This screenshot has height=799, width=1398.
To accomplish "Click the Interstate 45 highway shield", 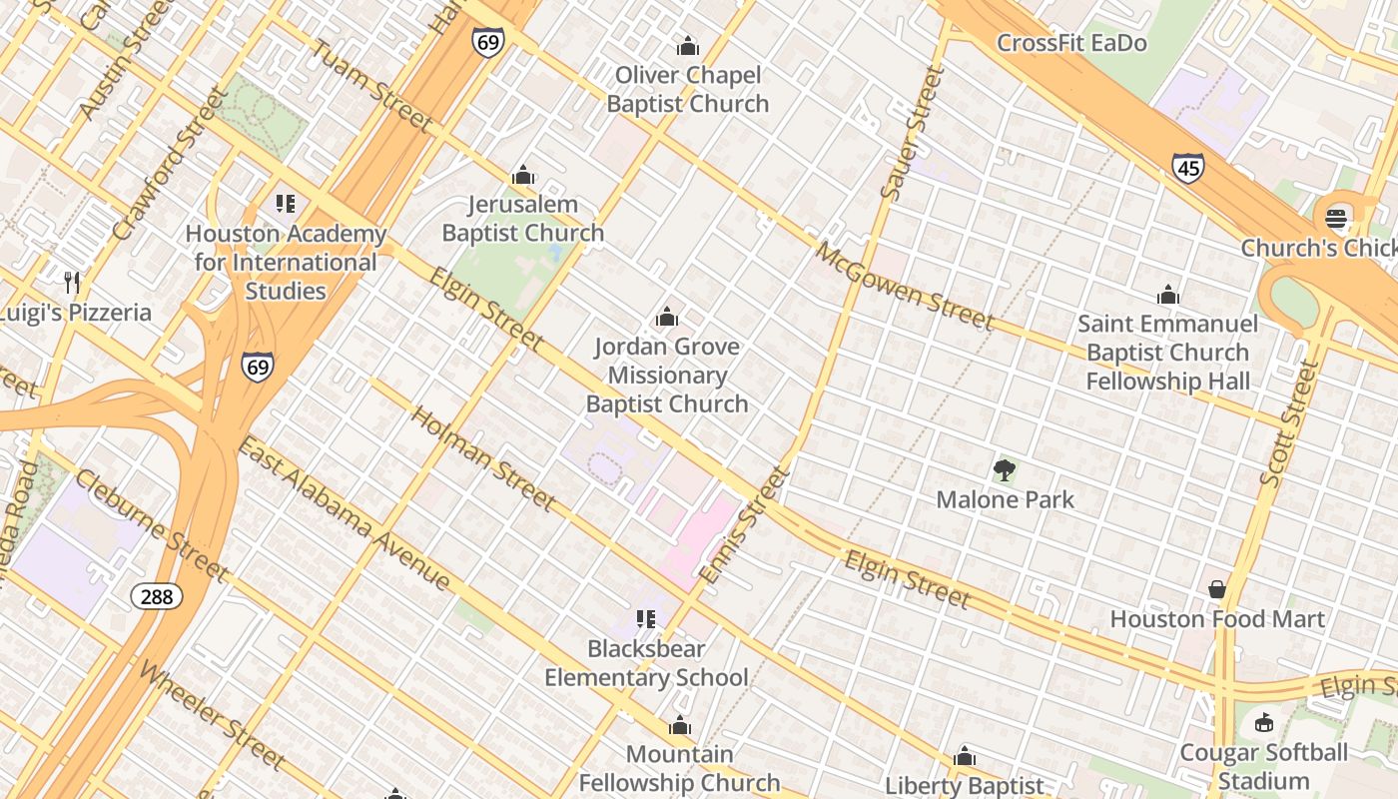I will (x=1187, y=168).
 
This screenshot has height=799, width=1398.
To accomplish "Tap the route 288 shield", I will (x=156, y=597).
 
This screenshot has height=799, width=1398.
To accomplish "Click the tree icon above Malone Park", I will (x=1005, y=469).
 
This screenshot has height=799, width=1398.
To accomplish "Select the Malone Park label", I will (x=1005, y=499).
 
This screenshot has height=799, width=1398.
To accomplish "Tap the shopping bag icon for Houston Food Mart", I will (x=1216, y=589).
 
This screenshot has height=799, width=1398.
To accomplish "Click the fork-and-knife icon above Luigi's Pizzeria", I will (x=71, y=283).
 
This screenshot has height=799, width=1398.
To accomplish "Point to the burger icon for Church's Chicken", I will (x=1336, y=219).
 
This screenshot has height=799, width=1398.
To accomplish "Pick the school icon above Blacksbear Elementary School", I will (x=646, y=619).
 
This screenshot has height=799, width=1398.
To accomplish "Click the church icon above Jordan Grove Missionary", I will (x=666, y=318).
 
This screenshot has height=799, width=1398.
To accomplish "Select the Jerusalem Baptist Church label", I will (x=523, y=219).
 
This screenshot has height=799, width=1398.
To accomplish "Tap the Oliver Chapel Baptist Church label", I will (x=688, y=90).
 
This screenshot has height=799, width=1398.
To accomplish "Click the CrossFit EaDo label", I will (x=1071, y=44).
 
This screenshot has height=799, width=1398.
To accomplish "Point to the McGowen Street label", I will (x=905, y=287).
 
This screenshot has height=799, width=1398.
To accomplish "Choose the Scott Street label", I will (x=1289, y=424).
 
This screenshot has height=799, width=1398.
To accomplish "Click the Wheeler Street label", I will (x=213, y=716).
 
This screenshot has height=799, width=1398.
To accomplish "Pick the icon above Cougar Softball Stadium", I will (x=1263, y=722).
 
